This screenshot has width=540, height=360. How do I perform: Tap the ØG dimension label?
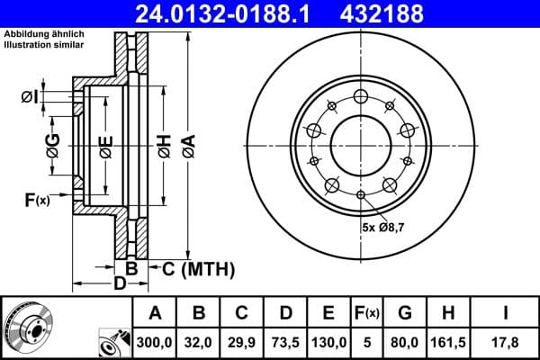pyautogui.click(x=53, y=143)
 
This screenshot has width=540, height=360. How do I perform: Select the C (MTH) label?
pyautogui.click(x=197, y=268)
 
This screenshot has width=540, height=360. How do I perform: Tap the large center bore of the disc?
pyautogui.click(x=360, y=144)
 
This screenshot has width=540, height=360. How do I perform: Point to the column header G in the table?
pyautogui.click(x=405, y=313)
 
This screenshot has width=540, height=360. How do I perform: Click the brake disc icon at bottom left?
pyautogui.click(x=28, y=326)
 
